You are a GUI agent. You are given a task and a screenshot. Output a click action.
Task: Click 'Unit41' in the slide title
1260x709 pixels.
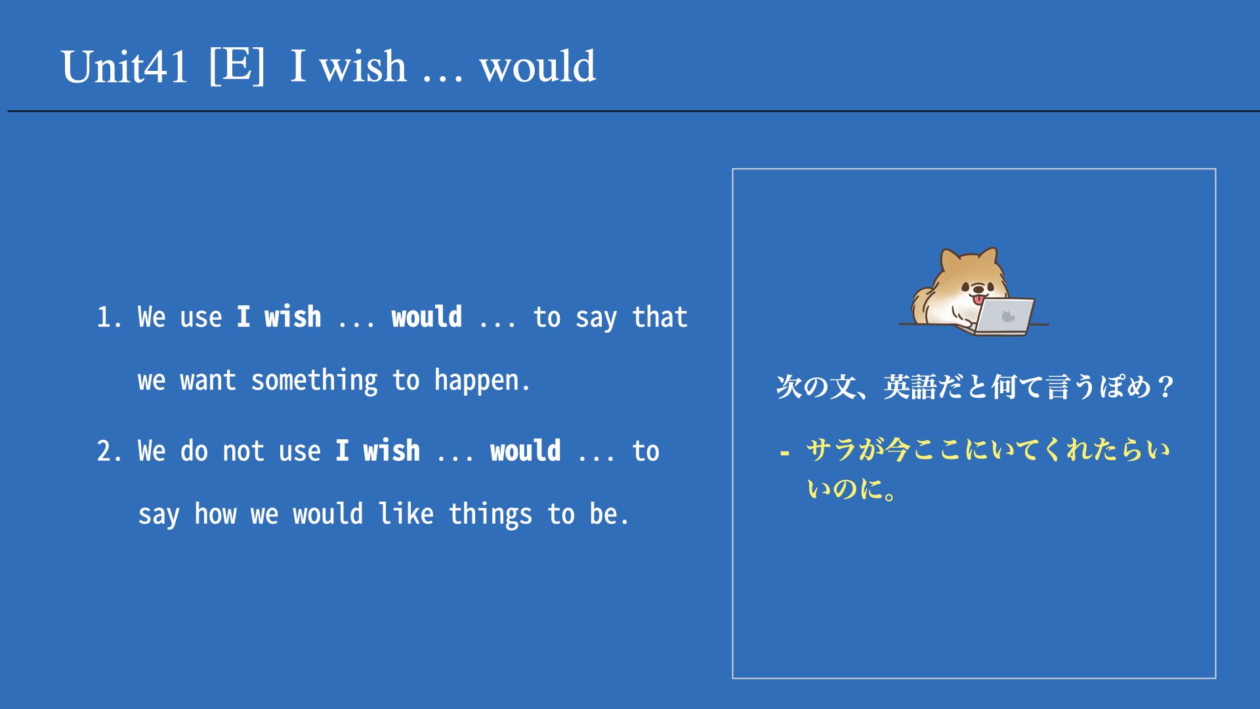[124, 67]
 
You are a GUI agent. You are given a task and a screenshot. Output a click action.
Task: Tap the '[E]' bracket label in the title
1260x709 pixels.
[238, 66]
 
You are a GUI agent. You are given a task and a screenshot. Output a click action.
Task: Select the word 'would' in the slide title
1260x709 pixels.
[537, 66]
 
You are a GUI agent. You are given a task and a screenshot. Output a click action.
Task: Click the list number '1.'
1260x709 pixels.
[109, 318]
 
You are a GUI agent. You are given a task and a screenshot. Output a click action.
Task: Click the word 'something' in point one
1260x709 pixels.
[314, 381]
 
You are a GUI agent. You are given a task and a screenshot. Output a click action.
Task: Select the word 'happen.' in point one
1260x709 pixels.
[482, 381]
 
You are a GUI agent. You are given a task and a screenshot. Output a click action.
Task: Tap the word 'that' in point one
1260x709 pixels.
[660, 317]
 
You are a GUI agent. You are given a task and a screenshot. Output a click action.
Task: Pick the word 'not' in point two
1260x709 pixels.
[243, 452]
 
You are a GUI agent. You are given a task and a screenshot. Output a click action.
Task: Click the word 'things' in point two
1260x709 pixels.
[490, 515]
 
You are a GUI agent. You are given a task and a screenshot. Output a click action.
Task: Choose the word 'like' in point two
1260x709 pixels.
[406, 513]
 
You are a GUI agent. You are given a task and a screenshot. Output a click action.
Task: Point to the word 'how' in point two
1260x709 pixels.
[215, 513]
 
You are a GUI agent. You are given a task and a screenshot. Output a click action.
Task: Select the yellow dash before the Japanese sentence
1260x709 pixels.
[784, 453]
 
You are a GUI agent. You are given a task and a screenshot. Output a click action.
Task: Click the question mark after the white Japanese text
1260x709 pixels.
[1165, 386]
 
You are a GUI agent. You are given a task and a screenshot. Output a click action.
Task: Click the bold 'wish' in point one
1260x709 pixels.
[293, 316]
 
